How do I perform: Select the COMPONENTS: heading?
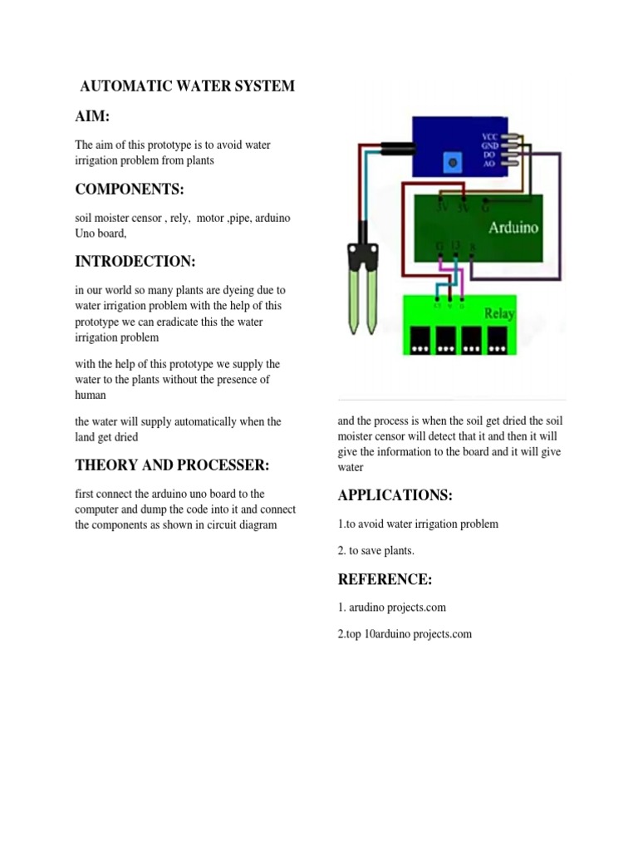[x=129, y=189]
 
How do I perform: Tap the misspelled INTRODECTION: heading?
[x=135, y=262]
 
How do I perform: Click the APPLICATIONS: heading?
[x=395, y=496]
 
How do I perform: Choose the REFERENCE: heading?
[x=385, y=579]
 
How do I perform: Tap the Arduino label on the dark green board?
[x=513, y=226]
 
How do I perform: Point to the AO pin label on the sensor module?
[x=490, y=164]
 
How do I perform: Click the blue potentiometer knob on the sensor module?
[x=454, y=159]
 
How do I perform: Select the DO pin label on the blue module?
[x=490, y=155]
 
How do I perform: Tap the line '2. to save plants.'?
[x=375, y=552]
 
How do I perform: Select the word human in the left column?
[x=91, y=396]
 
